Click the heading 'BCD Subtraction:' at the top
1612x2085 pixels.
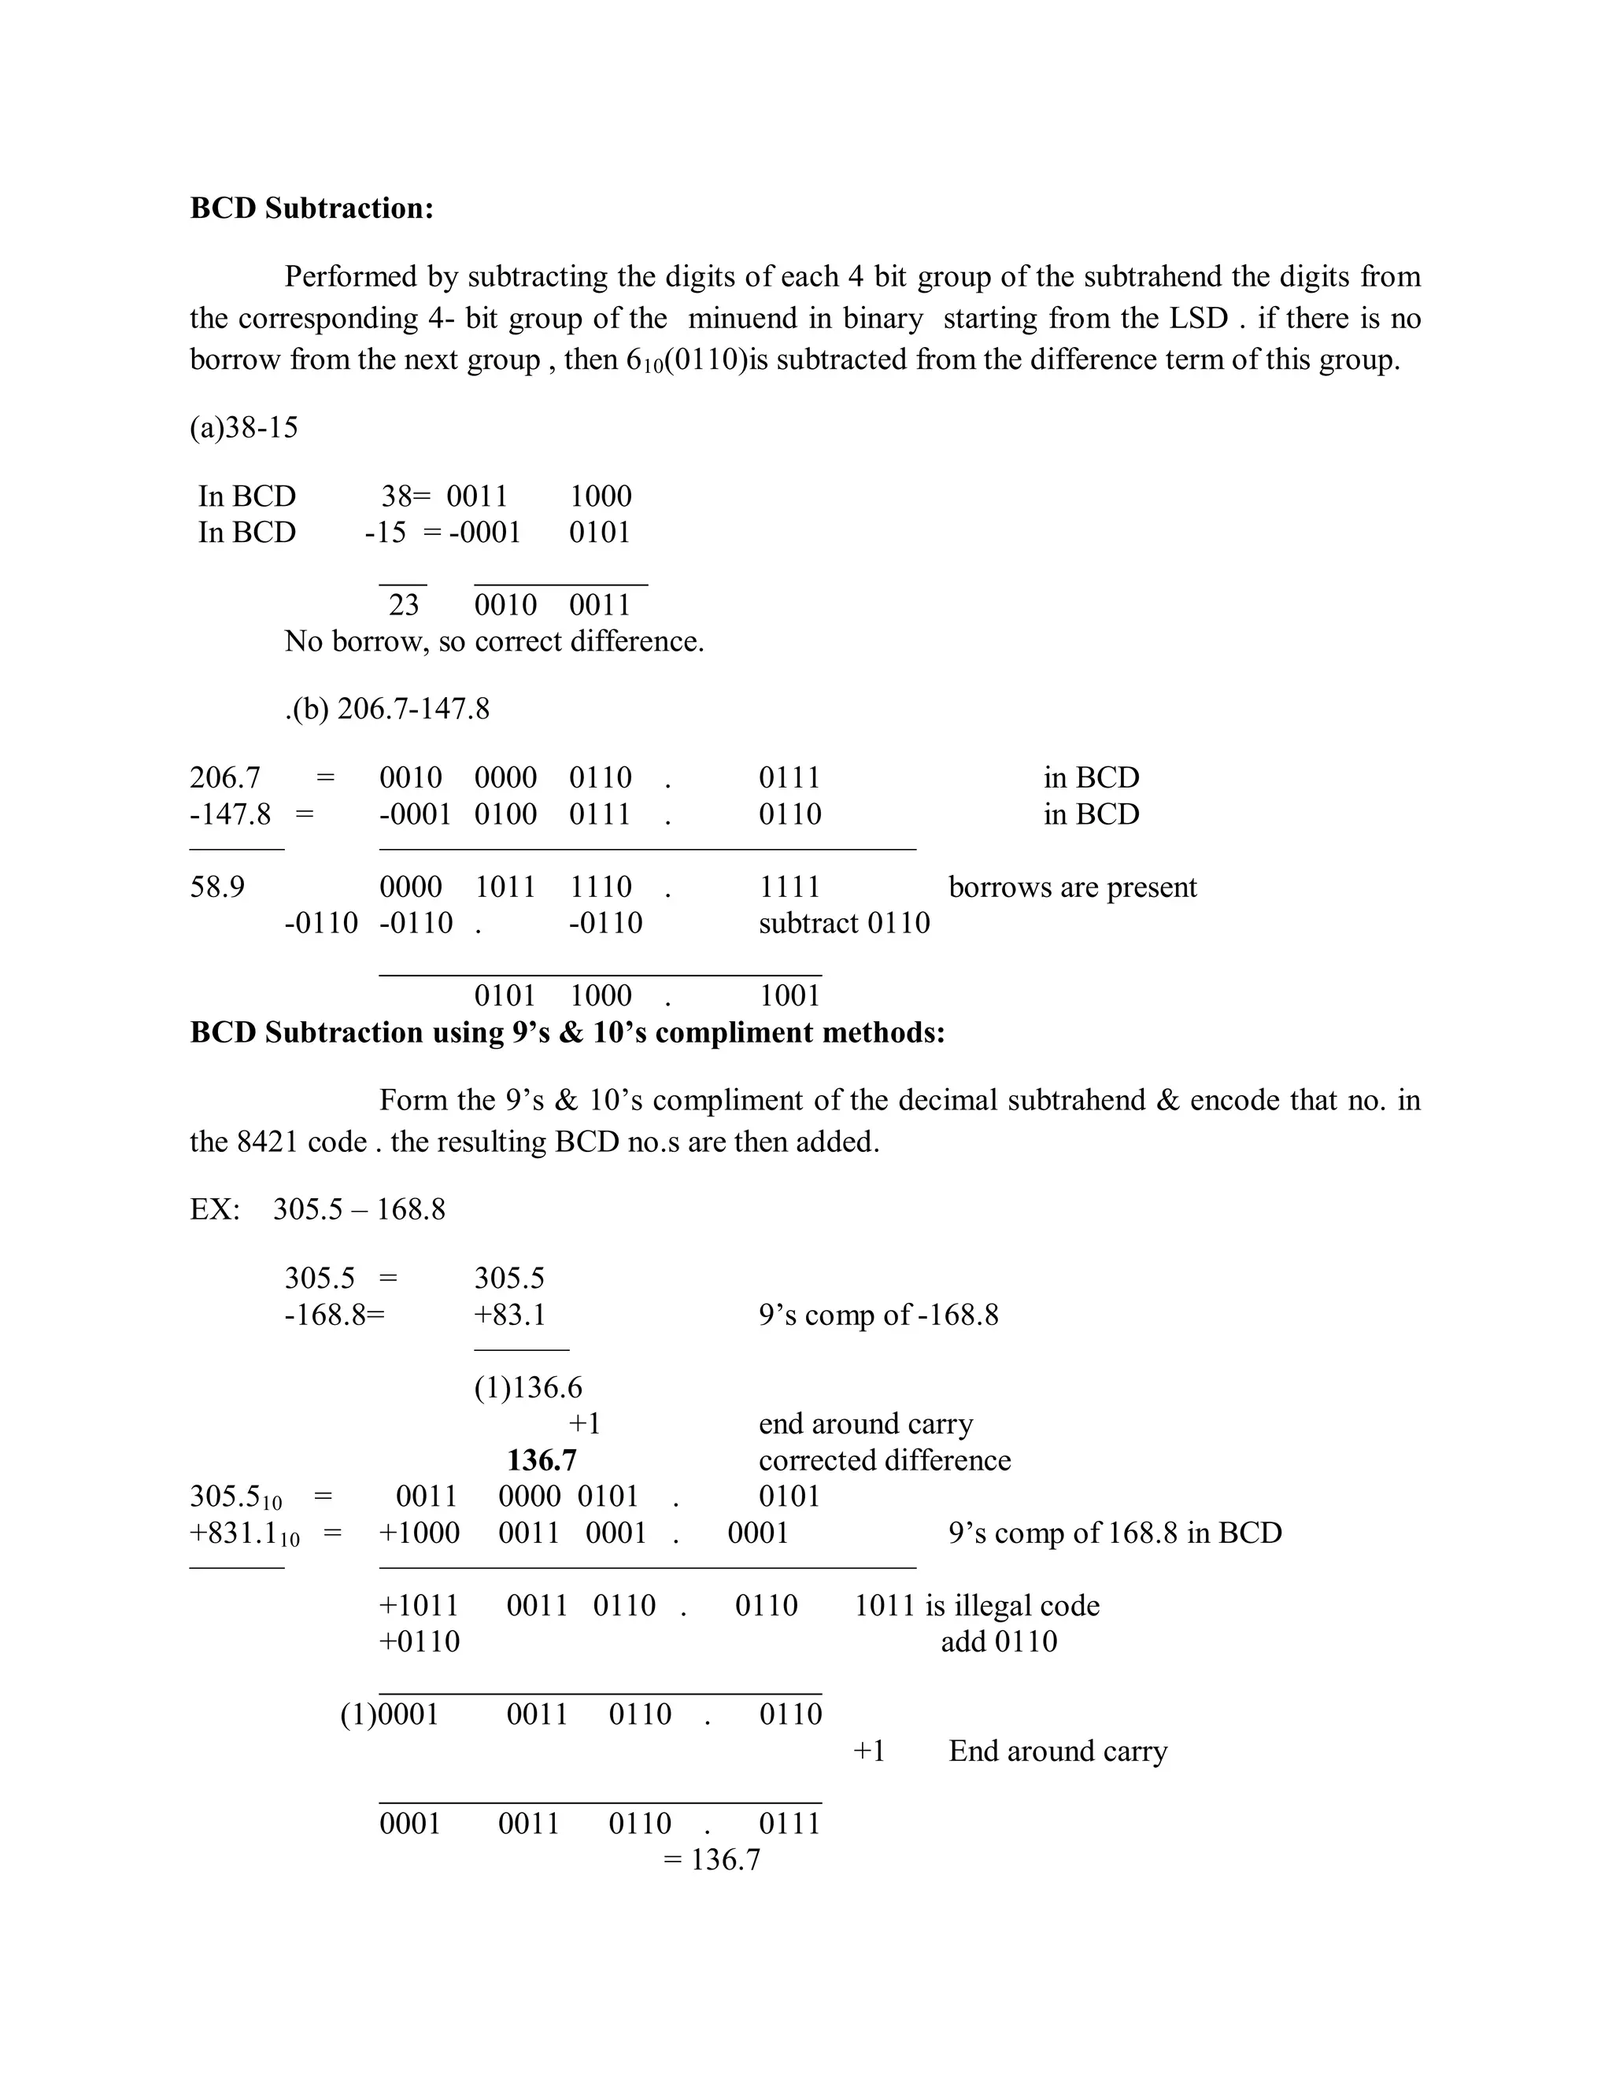tap(312, 208)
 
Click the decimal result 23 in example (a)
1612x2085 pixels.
tap(403, 604)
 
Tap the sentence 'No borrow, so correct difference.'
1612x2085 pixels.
tap(494, 640)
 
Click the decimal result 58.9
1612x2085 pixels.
tap(216, 887)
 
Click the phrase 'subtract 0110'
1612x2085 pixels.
tap(845, 923)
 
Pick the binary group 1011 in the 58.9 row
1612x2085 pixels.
tap(505, 887)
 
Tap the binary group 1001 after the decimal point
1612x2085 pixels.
tap(789, 996)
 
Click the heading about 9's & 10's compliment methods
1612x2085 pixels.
tap(568, 1032)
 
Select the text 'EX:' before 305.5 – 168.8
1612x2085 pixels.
tap(215, 1209)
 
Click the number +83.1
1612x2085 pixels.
tap(510, 1315)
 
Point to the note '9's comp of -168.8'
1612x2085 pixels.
tap(878, 1315)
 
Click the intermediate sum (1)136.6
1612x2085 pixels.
tap(528, 1387)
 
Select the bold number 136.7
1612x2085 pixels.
tap(542, 1459)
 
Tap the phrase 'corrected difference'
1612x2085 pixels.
tap(884, 1459)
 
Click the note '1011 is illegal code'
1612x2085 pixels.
tap(976, 1605)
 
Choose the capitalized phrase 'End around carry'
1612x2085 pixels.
tap(1057, 1751)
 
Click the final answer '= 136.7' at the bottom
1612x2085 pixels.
tap(712, 1860)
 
